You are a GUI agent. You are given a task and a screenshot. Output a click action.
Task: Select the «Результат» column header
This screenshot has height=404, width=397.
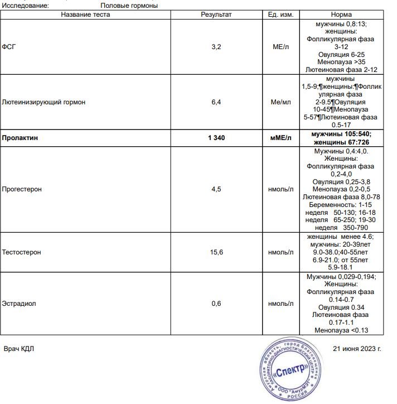216,15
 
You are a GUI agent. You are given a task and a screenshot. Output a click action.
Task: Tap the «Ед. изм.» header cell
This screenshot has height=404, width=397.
280,15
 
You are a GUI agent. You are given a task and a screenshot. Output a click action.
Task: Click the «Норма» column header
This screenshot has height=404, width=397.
341,15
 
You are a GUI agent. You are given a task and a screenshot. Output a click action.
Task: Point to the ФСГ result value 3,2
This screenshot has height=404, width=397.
216,47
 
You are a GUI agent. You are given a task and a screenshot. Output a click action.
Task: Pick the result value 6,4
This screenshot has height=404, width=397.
216,103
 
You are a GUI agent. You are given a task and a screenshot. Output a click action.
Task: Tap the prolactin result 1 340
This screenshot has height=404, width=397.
216,137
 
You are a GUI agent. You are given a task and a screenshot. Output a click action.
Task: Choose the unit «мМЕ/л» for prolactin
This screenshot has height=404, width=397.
280,137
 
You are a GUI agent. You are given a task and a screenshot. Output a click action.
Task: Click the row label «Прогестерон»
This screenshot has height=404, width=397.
22,189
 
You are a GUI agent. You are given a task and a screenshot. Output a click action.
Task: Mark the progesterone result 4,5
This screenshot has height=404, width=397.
216,189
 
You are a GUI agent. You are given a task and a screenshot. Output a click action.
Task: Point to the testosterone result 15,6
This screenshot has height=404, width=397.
216,252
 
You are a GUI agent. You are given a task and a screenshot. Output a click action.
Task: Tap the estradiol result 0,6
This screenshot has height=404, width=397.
216,304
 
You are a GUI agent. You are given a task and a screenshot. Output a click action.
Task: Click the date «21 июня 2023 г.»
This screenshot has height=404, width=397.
357,349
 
